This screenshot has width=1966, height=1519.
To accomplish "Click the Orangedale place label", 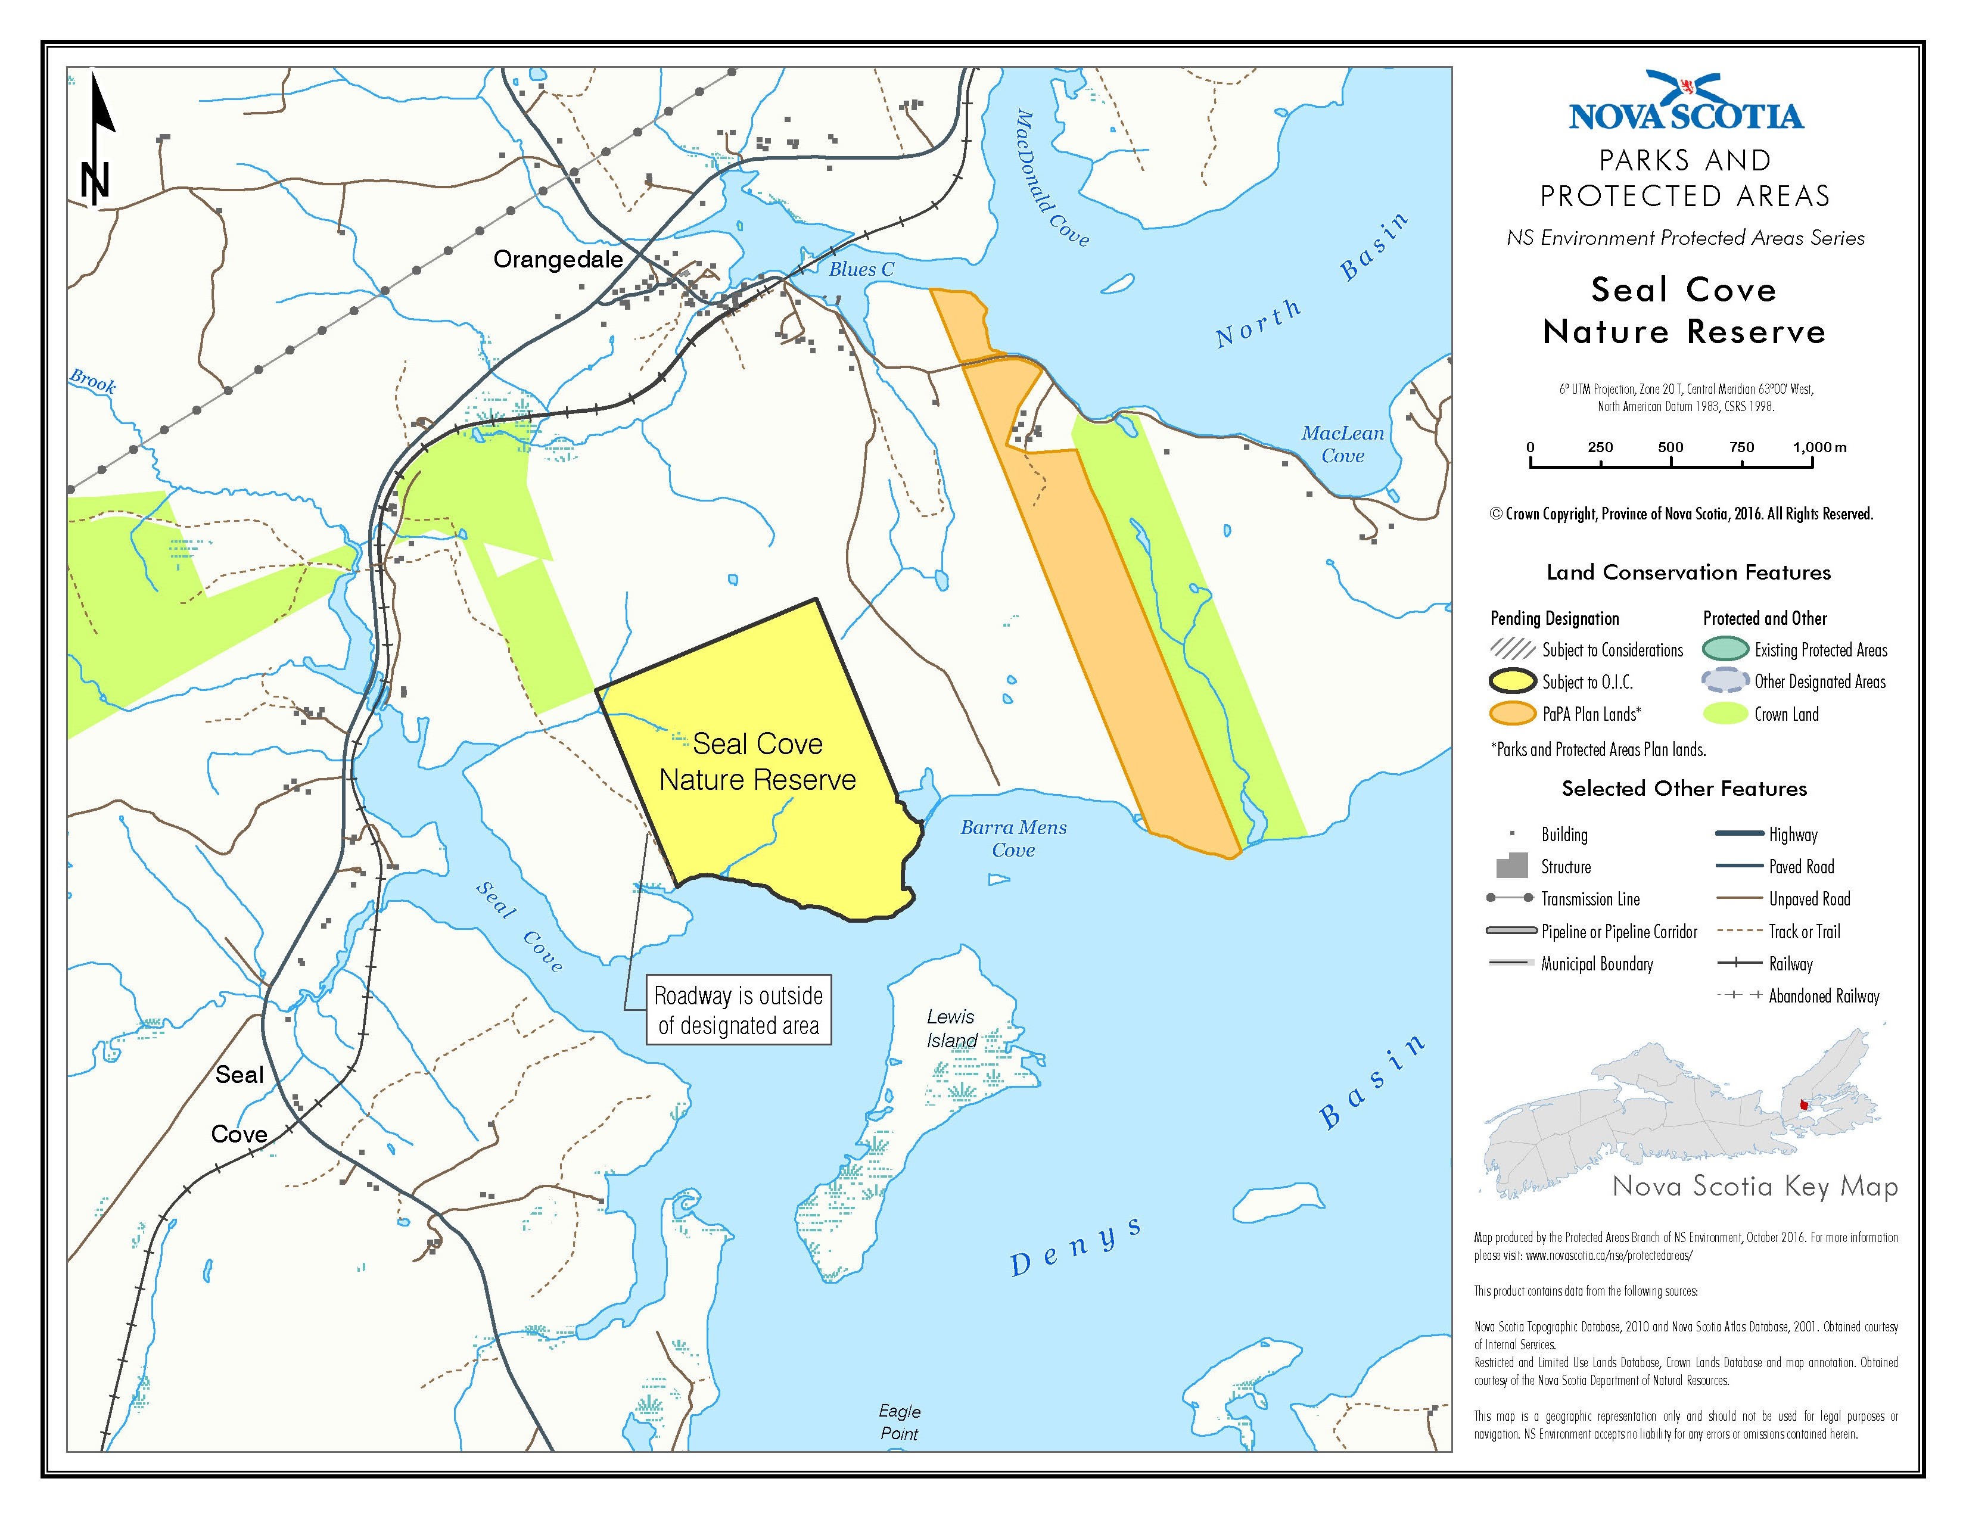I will (558, 260).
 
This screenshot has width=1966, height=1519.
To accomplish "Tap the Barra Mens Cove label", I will (1013, 839).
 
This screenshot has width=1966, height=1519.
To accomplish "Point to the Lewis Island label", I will (951, 1029).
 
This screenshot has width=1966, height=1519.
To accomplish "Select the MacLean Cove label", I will (1342, 444).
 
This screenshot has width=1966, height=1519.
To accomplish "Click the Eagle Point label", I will (899, 1422).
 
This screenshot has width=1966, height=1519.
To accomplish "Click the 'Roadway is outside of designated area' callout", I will (738, 1010).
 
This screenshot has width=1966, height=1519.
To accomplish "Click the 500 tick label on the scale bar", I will (1670, 447).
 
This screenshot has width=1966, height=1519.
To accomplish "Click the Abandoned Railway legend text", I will (1824, 996).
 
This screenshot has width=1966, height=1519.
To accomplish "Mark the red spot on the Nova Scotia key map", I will (1803, 1106).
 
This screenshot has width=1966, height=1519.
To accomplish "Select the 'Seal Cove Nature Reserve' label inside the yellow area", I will (757, 761).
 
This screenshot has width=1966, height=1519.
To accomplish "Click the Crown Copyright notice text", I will (1682, 514).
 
